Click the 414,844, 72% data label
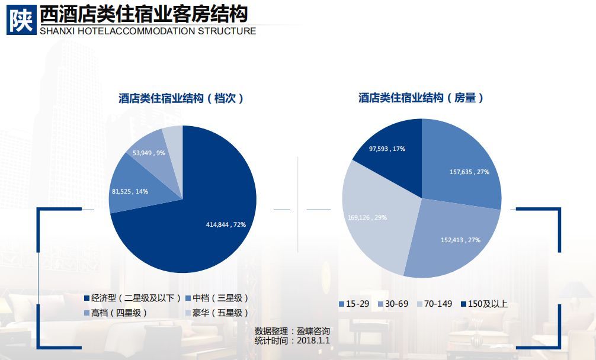pos(226,224)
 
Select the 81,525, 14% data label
pos(130,191)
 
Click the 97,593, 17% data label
pos(387,149)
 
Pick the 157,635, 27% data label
pos(469,172)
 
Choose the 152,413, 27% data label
pos(460,240)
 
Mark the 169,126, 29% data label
pos(367,217)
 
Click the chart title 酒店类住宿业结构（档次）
pos(181,98)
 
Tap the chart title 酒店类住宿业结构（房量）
pos(421,98)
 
